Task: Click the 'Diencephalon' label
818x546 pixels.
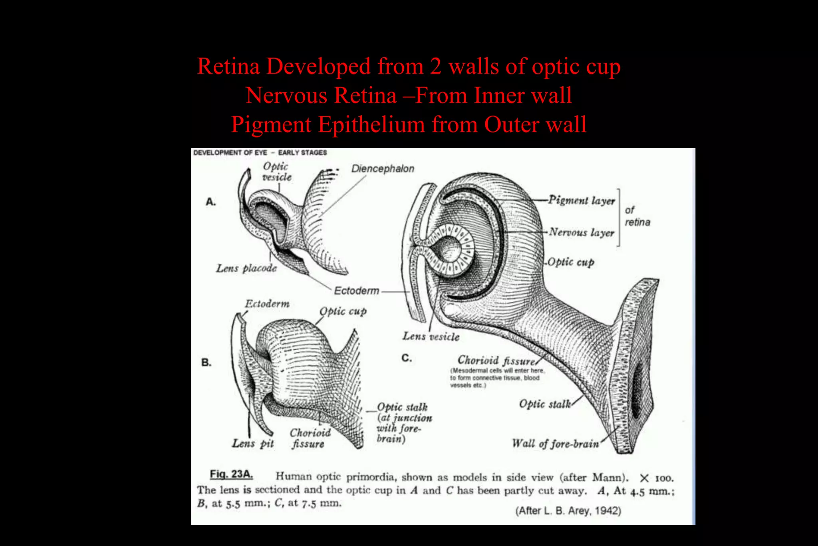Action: coord(383,169)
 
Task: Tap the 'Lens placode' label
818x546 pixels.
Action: coord(246,268)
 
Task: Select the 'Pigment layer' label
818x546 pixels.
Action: coord(582,200)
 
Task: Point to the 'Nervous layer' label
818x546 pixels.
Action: coord(582,232)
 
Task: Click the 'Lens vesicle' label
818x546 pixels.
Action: coord(431,337)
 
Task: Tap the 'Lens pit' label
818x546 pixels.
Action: coord(253,443)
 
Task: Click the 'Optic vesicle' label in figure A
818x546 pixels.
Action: coord(277,171)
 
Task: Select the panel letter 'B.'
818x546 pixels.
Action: coord(206,363)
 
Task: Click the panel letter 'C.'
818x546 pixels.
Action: coord(407,358)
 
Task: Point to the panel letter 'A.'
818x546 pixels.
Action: coord(210,202)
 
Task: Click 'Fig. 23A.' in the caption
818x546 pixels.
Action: coord(231,474)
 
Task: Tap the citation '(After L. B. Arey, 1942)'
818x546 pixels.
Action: coord(568,511)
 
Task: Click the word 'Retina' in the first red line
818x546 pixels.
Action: coord(228,66)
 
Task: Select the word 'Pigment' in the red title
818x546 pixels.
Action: coord(271,125)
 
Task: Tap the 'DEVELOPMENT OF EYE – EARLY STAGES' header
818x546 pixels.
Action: coord(260,153)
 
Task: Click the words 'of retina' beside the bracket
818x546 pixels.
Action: coord(637,216)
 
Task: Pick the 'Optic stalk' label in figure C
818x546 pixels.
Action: coord(545,404)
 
